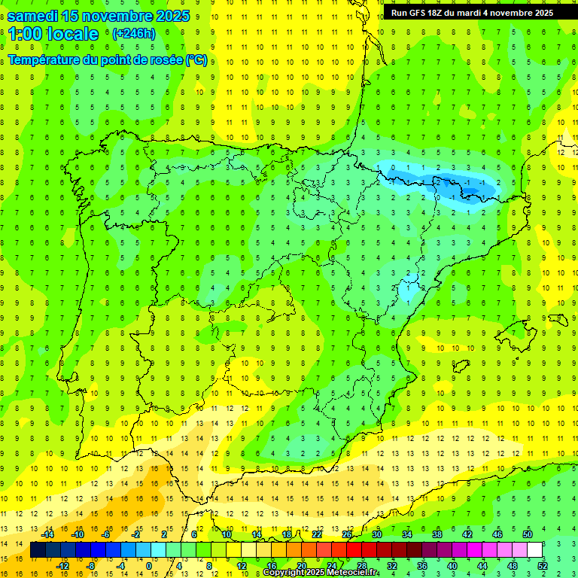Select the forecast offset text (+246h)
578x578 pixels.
(133, 33)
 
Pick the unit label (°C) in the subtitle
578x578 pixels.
(196, 60)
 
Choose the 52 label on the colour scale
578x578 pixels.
(542, 566)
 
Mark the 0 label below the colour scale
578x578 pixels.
(149, 566)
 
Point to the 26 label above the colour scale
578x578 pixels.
(347, 534)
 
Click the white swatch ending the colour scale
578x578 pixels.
(534, 550)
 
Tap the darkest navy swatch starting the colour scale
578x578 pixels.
(37, 550)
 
